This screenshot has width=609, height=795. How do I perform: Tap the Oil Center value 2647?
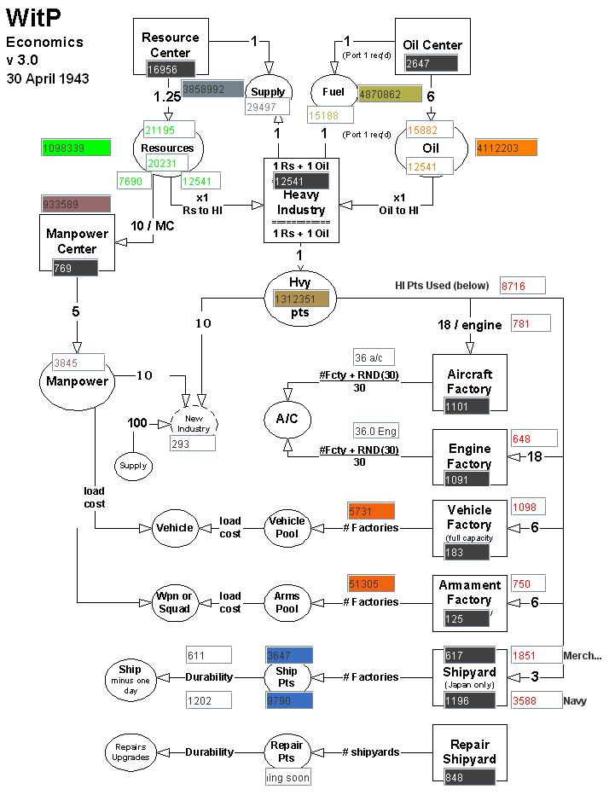(x=431, y=63)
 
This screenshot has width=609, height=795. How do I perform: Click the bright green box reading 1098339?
(x=76, y=148)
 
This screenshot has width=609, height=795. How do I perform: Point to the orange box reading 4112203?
(x=507, y=148)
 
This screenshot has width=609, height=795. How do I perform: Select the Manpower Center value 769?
(x=74, y=268)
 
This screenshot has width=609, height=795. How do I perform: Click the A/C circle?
(x=287, y=421)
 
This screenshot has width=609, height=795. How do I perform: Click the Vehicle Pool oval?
(x=287, y=527)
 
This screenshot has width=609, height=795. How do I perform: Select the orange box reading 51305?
(x=371, y=583)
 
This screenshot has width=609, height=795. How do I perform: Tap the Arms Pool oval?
(x=287, y=602)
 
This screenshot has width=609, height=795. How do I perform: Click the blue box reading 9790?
(x=288, y=700)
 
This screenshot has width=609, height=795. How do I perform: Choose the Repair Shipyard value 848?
(x=467, y=777)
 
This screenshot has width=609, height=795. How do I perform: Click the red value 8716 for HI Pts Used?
(x=522, y=286)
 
